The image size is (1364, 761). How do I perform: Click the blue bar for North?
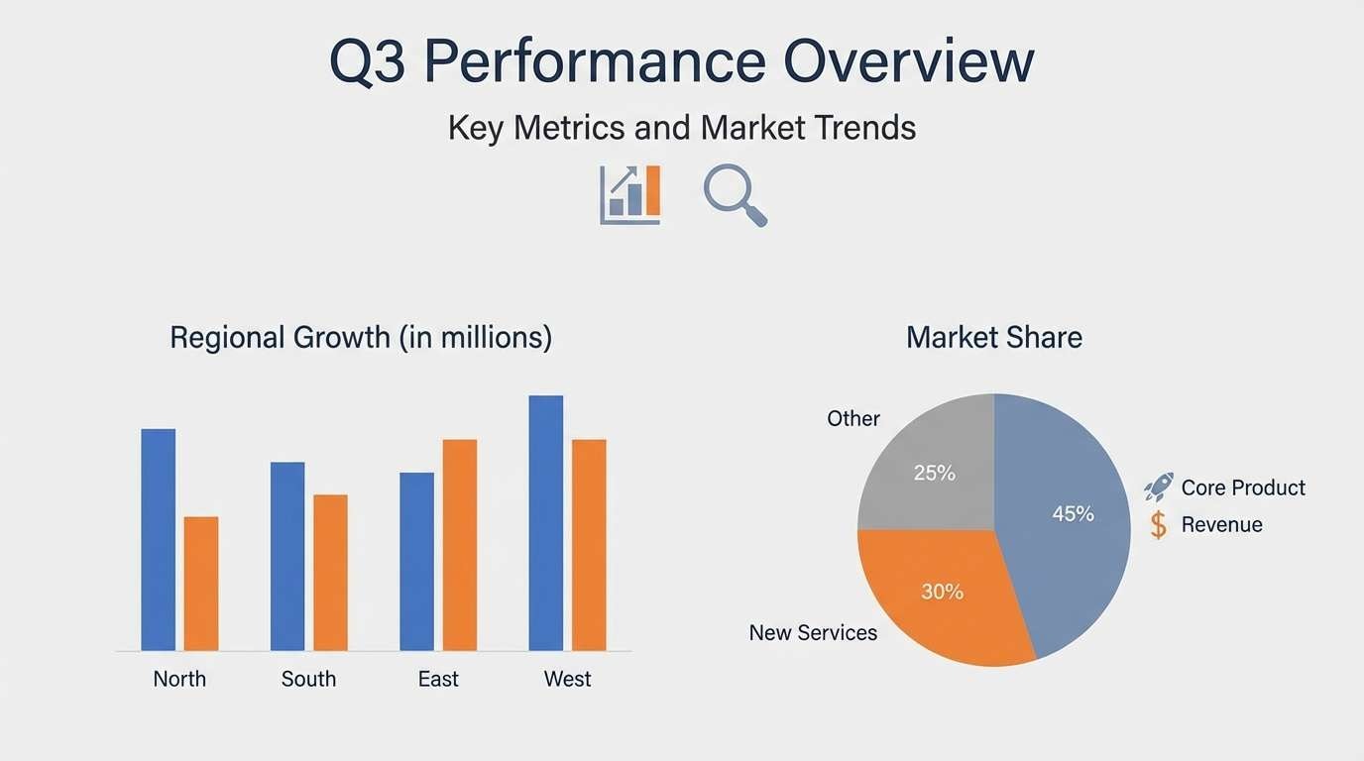[159, 539]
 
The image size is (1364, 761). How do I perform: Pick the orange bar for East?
[460, 544]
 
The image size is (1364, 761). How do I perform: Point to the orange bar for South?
[330, 572]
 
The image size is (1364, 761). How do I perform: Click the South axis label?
[308, 680]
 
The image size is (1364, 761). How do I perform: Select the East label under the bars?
[438, 680]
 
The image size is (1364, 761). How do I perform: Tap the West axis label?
[567, 680]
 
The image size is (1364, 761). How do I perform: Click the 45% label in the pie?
[1073, 514]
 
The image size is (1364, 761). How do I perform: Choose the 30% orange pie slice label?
[942, 592]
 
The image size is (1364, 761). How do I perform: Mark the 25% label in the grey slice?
[934, 473]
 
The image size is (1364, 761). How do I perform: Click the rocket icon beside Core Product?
[1158, 487]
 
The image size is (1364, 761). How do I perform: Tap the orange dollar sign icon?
[1158, 524]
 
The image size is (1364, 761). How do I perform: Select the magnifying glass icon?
[736, 195]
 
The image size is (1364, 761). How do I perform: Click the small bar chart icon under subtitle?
[630, 194]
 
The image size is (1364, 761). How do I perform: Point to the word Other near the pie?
[853, 419]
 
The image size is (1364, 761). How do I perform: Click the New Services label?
[813, 633]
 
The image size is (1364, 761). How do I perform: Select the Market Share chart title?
[994, 338]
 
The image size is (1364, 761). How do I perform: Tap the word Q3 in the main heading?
[367, 61]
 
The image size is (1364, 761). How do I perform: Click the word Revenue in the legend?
[1221, 525]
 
